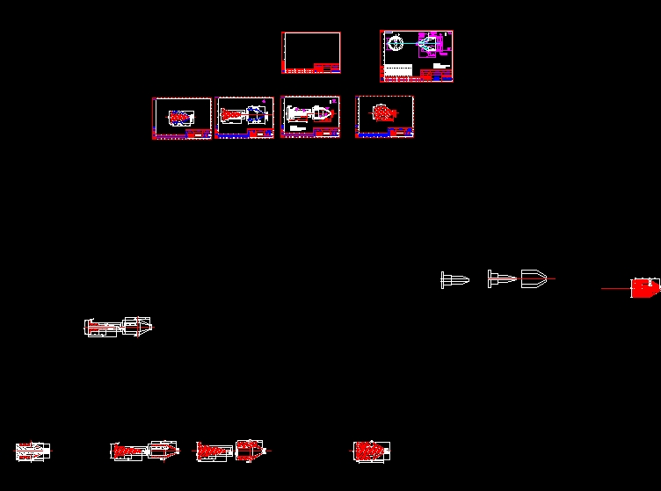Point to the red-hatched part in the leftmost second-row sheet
[180, 116]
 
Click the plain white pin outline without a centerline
[454, 279]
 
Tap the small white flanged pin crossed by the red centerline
[501, 279]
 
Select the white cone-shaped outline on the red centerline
[534, 278]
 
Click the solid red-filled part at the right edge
[645, 287]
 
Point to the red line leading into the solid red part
[615, 288]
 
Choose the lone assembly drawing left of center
[118, 326]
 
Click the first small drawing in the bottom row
[33, 451]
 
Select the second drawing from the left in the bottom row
[144, 451]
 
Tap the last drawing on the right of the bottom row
[371, 451]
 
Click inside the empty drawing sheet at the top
[310, 48]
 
